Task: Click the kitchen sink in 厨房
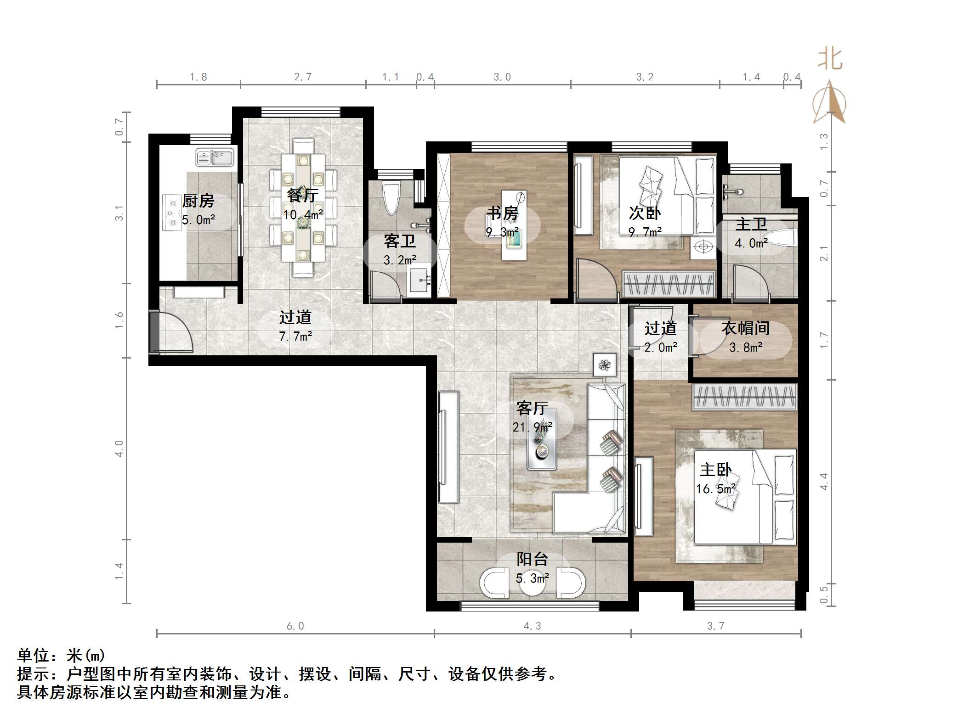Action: coord(215,157)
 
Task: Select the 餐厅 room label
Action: coord(302,195)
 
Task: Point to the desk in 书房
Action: coord(514,225)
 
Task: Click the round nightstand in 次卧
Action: coord(703,247)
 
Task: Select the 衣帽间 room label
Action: coord(745,328)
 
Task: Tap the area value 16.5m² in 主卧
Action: coord(715,488)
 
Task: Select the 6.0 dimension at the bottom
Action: coord(295,626)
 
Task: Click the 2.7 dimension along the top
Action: coord(303,77)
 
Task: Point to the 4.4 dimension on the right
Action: coord(823,481)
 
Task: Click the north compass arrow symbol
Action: coord(829,103)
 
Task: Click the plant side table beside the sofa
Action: coord(604,365)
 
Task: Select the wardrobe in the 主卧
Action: coord(744,397)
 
